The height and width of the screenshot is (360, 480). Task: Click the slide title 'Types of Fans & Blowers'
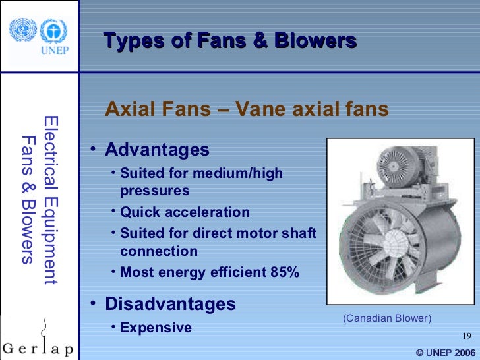(x=230, y=41)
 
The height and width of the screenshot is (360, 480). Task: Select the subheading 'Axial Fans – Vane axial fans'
(x=247, y=109)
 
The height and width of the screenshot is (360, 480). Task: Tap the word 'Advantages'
(x=157, y=150)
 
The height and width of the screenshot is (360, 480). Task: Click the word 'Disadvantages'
(x=170, y=304)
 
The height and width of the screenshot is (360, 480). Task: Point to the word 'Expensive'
(x=156, y=328)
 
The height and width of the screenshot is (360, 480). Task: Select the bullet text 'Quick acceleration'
(x=185, y=212)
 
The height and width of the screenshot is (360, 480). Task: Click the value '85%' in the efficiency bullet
(x=284, y=272)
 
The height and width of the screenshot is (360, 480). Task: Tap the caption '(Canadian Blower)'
(x=386, y=318)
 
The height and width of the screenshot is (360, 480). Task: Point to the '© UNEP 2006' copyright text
(x=445, y=353)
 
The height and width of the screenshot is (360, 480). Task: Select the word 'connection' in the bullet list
(x=158, y=251)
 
